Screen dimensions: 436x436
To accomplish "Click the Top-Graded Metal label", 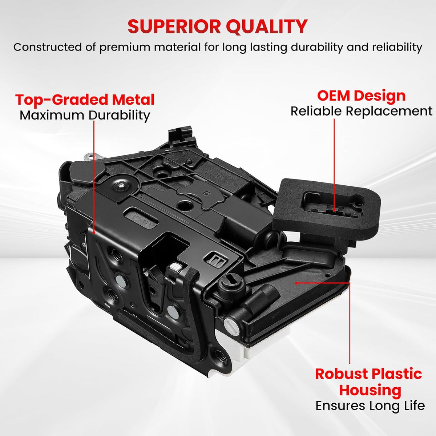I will (x=85, y=100).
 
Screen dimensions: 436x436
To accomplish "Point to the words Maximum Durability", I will (x=85, y=115).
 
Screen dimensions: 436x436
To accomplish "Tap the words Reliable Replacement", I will (x=361, y=111).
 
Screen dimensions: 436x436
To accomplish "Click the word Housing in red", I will (x=370, y=390).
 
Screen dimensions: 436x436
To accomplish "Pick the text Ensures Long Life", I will (x=370, y=405).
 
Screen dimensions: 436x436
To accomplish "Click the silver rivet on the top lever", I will (x=120, y=185).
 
